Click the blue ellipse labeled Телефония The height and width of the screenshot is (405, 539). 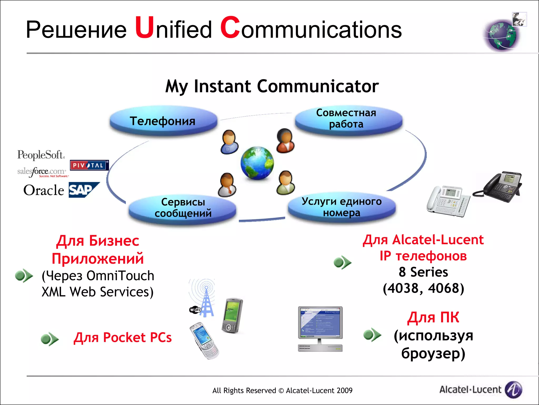pos(163,121)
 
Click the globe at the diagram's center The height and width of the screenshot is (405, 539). pos(257,163)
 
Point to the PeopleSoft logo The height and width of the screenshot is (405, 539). pos(41,155)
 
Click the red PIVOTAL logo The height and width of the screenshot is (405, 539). pos(89,165)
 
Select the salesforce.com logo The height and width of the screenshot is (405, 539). pos(42,172)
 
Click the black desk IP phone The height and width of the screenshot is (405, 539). pos(499,187)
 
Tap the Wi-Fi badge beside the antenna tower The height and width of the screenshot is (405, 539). pos(195,310)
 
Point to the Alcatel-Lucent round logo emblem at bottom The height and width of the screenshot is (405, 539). pos(513,389)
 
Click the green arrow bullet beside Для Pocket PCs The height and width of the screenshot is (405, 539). pos(49,339)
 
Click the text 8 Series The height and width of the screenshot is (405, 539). pos(423,272)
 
